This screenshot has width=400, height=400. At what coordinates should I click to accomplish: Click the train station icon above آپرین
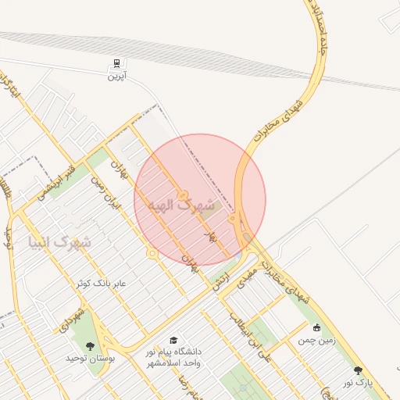point(116,62)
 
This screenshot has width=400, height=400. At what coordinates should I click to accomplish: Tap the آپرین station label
point(116,76)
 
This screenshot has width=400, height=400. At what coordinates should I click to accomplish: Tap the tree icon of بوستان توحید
point(90,345)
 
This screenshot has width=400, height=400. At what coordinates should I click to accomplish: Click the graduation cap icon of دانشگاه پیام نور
point(173,341)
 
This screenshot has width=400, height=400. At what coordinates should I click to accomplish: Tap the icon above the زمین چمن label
point(316,328)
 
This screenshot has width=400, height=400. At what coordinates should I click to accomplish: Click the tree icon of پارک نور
point(359,370)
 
